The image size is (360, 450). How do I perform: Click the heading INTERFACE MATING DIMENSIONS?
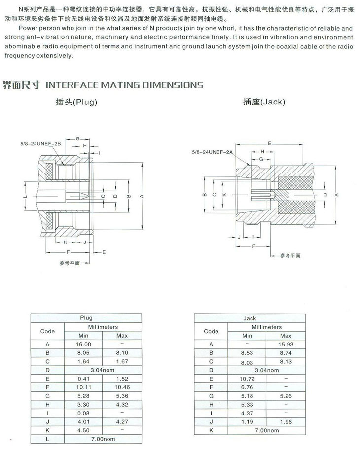[124, 85]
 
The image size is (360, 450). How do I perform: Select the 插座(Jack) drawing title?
[264, 102]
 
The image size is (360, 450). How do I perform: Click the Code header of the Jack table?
[211, 331]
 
